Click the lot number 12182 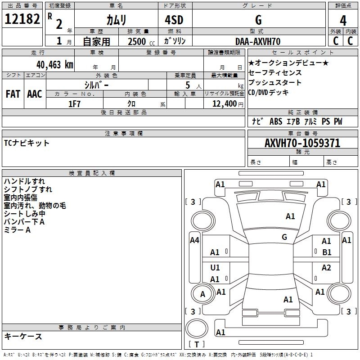point(22,19)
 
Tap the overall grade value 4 point(343,20)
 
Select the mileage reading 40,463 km point(55,65)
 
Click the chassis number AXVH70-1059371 point(302,143)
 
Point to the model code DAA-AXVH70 point(258,41)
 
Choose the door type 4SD point(174,20)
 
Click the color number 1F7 point(74,104)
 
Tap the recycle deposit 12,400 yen point(228,104)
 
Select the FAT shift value point(13,94)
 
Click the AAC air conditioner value point(35,94)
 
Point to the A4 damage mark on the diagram point(194,240)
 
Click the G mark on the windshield point(284,237)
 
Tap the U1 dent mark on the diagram point(215,267)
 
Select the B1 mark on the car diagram point(327,252)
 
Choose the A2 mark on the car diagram point(326,267)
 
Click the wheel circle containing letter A point(202,294)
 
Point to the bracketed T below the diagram point(197,344)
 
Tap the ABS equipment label point(276,121)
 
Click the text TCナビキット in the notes point(27,143)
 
